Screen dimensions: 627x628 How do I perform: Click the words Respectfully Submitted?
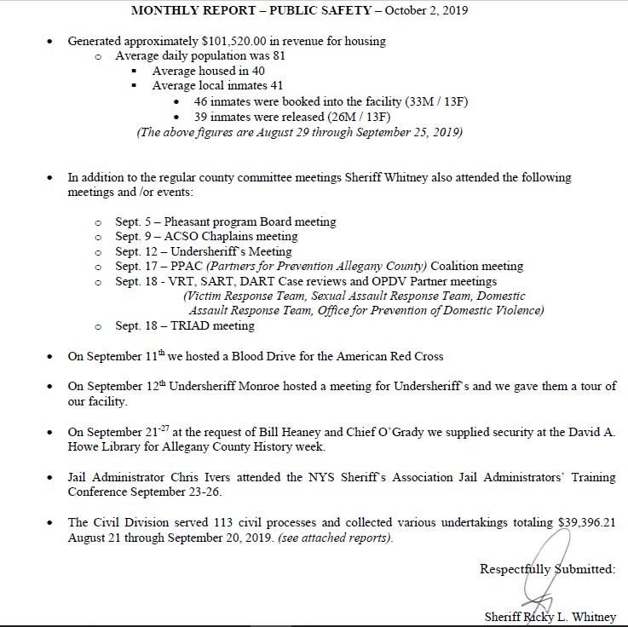coord(547,569)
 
